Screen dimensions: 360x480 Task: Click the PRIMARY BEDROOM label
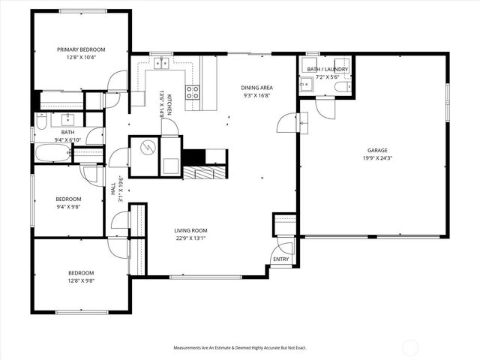81,49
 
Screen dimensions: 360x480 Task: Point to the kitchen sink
160,64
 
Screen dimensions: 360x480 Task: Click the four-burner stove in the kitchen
192,92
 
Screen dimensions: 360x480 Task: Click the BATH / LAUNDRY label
324,69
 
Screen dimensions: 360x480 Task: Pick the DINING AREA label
256,87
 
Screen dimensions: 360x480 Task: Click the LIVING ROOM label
190,230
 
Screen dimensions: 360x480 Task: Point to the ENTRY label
280,259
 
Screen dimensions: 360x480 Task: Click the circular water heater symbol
146,146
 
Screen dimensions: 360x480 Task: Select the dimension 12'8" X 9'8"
81,280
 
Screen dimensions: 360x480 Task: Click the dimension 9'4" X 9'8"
68,207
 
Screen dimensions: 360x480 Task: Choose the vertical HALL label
113,190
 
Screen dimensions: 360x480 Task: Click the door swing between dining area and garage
287,123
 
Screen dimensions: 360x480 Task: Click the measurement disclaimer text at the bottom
240,348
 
